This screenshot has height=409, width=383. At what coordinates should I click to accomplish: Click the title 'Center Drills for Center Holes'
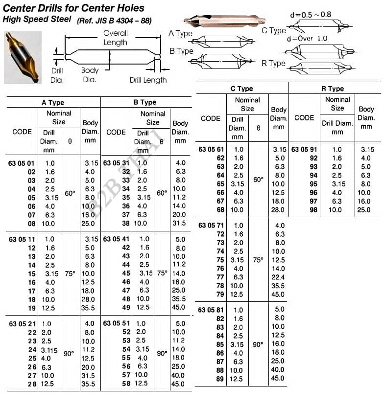74,8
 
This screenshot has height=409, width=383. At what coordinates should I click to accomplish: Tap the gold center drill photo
23,58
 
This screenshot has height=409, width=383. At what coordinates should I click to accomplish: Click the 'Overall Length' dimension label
116,38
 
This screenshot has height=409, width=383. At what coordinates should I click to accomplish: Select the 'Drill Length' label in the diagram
148,80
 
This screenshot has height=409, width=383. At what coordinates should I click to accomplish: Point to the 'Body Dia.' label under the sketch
90,75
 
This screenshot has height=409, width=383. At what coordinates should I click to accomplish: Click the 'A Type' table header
53,103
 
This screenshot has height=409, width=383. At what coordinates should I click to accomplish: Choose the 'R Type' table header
333,89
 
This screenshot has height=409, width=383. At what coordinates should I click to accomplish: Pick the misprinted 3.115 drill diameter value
49,350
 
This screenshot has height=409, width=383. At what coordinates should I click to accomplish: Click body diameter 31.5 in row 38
179,223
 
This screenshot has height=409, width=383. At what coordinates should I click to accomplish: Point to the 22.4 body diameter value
279,277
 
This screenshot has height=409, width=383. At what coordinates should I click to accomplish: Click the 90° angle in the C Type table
258,344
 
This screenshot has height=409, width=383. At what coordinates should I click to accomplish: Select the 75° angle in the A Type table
70,273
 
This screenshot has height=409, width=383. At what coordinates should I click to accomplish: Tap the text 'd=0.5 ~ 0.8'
311,15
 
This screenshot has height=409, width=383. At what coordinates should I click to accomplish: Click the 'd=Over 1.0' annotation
307,39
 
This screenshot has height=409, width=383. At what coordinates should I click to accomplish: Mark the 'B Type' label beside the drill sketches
181,51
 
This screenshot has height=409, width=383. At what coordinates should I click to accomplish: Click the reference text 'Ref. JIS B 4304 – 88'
114,21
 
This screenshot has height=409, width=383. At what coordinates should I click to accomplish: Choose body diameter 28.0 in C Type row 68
279,210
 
